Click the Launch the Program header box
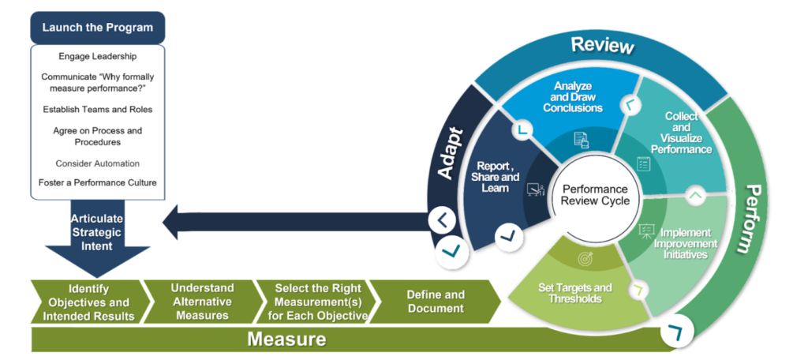(x=97, y=28)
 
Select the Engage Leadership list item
(x=97, y=57)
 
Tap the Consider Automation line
(x=97, y=163)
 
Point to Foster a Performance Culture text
(x=97, y=182)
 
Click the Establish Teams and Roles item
(x=97, y=109)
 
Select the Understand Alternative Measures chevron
(x=202, y=302)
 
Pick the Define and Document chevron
(x=436, y=302)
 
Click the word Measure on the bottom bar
(x=287, y=339)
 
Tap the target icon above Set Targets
(x=585, y=258)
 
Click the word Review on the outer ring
(x=602, y=45)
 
